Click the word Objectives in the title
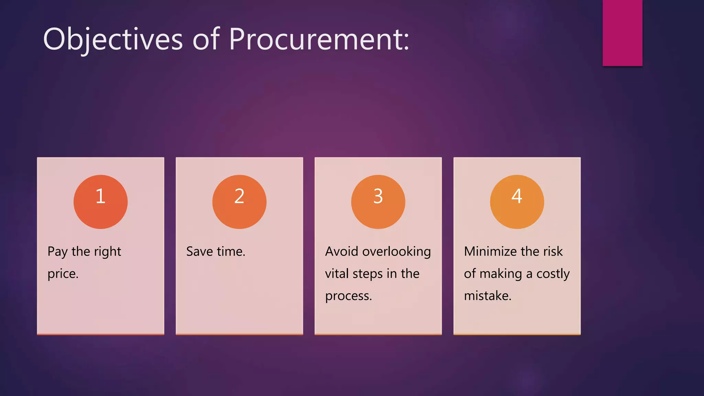113,39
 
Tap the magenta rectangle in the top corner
622,33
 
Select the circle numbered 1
100,202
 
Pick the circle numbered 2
239,202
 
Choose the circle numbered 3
378,202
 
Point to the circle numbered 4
517,202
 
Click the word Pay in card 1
57,252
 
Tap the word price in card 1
62,274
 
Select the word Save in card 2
199,252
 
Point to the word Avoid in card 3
342,252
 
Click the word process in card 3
348,296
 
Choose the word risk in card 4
553,252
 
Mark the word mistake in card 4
487,296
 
